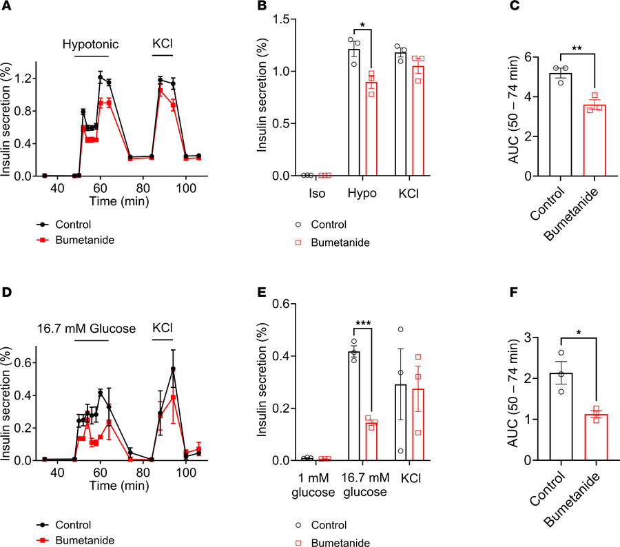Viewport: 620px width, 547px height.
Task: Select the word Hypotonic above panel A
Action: click(x=90, y=44)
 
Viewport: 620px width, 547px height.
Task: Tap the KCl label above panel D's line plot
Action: click(x=163, y=324)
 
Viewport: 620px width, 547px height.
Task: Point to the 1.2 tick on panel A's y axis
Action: click(x=28, y=79)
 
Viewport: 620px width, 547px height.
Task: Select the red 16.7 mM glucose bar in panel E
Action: click(x=372, y=441)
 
